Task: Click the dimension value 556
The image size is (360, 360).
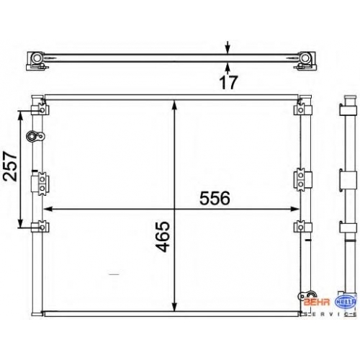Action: click(x=215, y=198)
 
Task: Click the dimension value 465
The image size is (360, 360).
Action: click(x=162, y=237)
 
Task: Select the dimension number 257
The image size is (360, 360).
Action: click(x=10, y=166)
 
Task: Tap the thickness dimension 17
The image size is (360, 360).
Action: click(x=228, y=81)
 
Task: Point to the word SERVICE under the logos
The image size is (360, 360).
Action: click(x=330, y=314)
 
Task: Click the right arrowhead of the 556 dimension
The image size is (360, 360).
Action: click(x=294, y=209)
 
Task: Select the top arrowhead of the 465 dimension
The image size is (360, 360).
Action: click(x=175, y=105)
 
